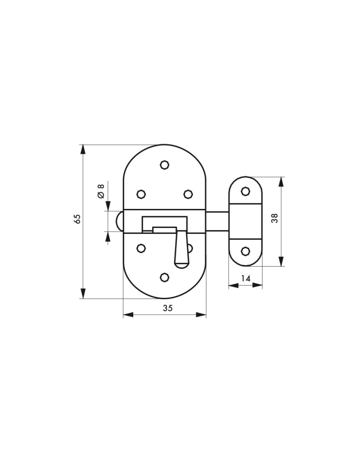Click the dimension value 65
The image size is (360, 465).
pos(77,219)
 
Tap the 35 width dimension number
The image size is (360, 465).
pos(168,308)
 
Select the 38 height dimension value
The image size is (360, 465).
pos(275,218)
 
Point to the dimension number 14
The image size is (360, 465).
pos(246,278)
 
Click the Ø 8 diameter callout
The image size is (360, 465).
pos(101,191)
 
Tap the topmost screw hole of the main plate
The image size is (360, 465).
pos(164,164)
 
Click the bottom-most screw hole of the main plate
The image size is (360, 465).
pos(164,277)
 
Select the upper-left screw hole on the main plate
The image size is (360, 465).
pos(141,194)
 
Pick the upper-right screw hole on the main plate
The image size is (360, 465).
pos(188,194)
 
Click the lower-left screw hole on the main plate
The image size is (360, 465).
pos(141,248)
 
